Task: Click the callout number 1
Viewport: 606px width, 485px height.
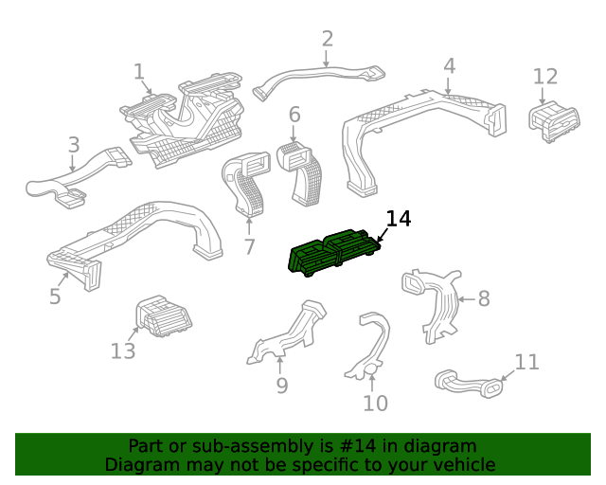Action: (x=138, y=71)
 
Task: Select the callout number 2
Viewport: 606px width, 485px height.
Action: (x=328, y=39)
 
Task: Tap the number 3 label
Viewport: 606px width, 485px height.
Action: (x=73, y=145)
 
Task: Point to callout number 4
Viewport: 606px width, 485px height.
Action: (x=449, y=66)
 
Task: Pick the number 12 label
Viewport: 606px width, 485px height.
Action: (x=545, y=76)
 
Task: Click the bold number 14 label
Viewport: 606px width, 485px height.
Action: (x=399, y=219)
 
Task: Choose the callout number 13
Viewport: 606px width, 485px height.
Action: (x=123, y=351)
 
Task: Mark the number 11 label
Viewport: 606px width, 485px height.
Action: (x=526, y=362)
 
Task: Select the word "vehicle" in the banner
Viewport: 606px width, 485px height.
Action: (x=461, y=464)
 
